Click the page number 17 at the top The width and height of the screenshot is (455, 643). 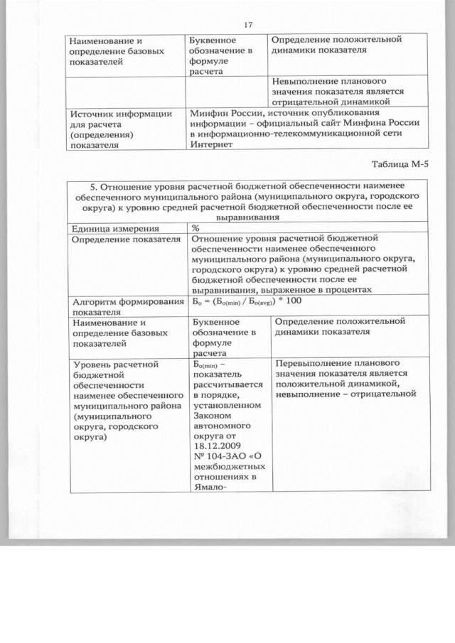(248, 25)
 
